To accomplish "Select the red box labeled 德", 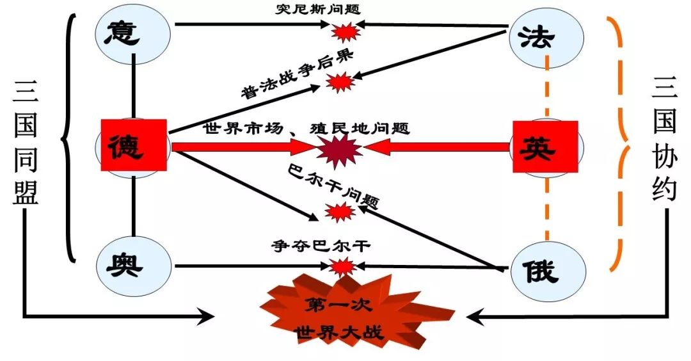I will point(134,145).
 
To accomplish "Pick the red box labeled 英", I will point(545,147).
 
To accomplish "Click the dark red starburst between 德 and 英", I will point(340,149).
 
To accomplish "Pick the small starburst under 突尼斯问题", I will point(344,30).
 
